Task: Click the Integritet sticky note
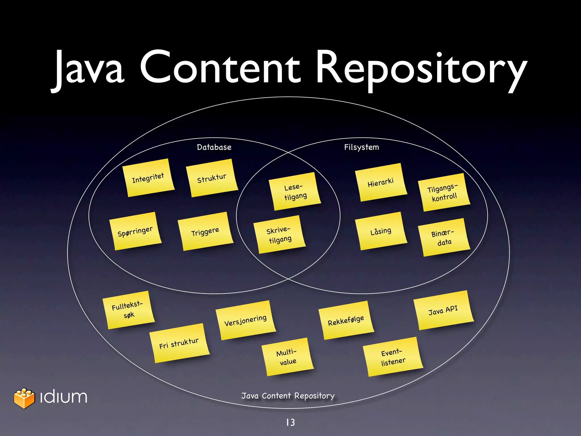[x=148, y=178]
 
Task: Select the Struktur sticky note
[x=212, y=178]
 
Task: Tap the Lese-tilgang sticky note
[x=295, y=192]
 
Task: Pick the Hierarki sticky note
[x=381, y=183]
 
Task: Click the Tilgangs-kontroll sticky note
[x=444, y=192]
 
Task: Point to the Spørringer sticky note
[x=135, y=231]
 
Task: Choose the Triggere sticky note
[x=205, y=232]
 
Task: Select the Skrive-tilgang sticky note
[x=279, y=234]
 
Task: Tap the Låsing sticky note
[x=381, y=231]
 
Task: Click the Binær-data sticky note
[x=444, y=238]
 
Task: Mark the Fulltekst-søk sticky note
[x=128, y=310]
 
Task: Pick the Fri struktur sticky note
[x=179, y=343]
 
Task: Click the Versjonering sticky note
[x=245, y=320]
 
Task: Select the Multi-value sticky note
[x=287, y=357]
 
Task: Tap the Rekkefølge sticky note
[x=346, y=320]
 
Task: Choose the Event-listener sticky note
[x=393, y=357]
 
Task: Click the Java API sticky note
[x=443, y=310]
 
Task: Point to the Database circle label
[x=214, y=147]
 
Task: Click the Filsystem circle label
[x=361, y=147]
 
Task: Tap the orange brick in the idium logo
[x=24, y=398]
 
